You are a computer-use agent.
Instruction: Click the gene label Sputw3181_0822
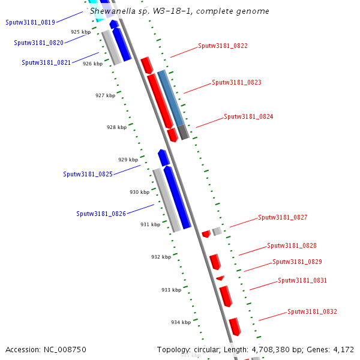pyautogui.click(x=223, y=46)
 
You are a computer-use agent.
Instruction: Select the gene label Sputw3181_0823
pyautogui.click(x=236, y=82)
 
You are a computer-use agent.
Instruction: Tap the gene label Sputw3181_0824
pyautogui.click(x=248, y=116)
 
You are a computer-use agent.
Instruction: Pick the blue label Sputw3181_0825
pyautogui.click(x=88, y=174)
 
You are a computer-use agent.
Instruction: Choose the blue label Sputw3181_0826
pyautogui.click(x=101, y=214)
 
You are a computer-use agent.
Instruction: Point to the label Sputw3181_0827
pyautogui.click(x=283, y=217)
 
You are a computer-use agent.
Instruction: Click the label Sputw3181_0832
pyautogui.click(x=312, y=311)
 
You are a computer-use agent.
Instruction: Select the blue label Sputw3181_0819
pyautogui.click(x=30, y=22)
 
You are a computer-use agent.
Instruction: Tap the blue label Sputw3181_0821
pyautogui.click(x=46, y=62)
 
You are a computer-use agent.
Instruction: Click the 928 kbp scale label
pyautogui.click(x=116, y=127)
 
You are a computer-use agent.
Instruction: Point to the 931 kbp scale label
pyautogui.click(x=150, y=224)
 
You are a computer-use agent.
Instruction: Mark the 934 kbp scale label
pyautogui.click(x=181, y=322)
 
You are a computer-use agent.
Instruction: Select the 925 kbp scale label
pyautogui.click(x=80, y=32)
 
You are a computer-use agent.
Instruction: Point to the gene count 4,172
pyautogui.click(x=343, y=349)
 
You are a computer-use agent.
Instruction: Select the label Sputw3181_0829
pyautogui.click(x=297, y=262)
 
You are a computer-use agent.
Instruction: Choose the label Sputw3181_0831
pyautogui.click(x=302, y=280)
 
